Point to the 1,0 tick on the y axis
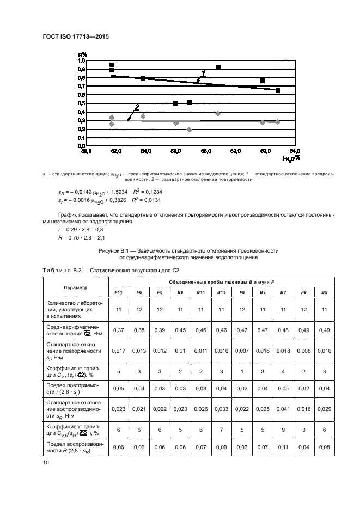[x=81, y=60]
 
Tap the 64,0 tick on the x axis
[x=294, y=151]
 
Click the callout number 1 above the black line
[x=204, y=72]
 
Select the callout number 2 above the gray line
[x=137, y=107]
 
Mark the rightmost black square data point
[x=278, y=90]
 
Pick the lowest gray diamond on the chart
[x=189, y=130]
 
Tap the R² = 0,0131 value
[x=145, y=200]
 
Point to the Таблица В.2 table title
[x=59, y=270]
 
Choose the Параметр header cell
[x=75, y=287]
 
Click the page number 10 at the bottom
[x=46, y=463]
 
